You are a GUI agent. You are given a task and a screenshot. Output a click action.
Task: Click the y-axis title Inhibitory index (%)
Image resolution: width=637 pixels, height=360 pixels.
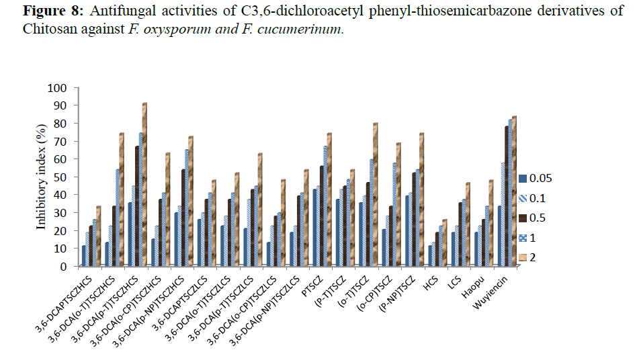coord(42,177)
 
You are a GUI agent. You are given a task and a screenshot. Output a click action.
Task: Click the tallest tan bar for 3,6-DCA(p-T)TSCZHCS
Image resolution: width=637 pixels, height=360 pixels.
coord(144,185)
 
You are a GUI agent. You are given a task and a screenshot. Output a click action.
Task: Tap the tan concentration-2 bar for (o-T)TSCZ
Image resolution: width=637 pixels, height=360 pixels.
coord(376,195)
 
